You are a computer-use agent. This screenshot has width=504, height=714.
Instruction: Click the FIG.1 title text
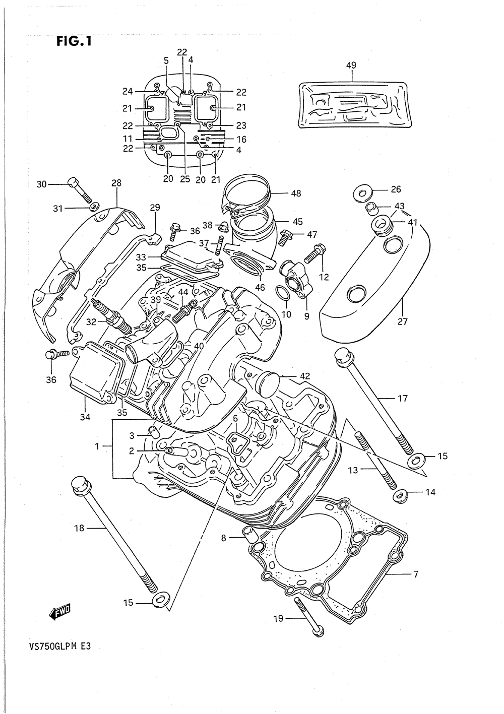[x=74, y=41]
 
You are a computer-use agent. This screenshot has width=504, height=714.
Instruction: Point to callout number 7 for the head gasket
[x=415, y=575]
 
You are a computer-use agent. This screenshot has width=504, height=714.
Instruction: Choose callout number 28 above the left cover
[x=116, y=183]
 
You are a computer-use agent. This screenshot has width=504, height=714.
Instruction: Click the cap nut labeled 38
[x=222, y=227]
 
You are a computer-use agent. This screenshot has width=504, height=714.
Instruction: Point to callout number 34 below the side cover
[x=85, y=417]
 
